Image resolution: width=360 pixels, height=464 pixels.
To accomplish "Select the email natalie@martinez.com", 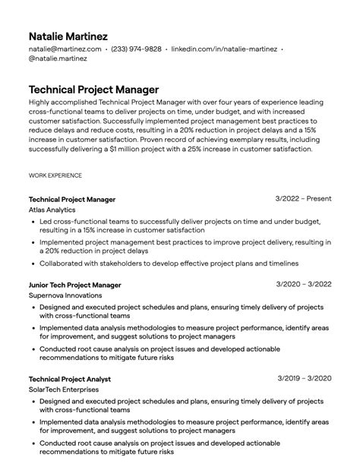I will (65, 49).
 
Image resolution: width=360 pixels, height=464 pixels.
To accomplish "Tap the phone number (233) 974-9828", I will (136, 49).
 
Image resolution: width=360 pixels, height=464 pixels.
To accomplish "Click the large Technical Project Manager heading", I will (93, 89).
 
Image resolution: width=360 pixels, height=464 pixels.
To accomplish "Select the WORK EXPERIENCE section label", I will (55, 175).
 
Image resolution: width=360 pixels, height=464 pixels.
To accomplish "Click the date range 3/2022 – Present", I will (303, 199).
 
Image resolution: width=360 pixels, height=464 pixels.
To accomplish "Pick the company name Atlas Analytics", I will (53, 210).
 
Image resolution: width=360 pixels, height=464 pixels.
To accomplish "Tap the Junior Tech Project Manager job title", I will (74, 285).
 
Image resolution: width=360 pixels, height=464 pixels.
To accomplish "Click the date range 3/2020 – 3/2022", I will (305, 285).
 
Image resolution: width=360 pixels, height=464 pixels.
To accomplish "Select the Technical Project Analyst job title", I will (70, 378).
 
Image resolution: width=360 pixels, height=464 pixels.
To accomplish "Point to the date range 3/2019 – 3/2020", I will (305, 378).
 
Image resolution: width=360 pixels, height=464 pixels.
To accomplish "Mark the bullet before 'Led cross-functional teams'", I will (32, 223).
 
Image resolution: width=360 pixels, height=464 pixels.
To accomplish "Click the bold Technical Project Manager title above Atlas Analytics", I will (72, 199).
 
